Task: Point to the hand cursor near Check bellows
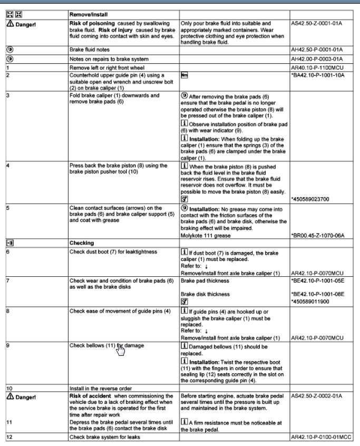coord(121,350)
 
